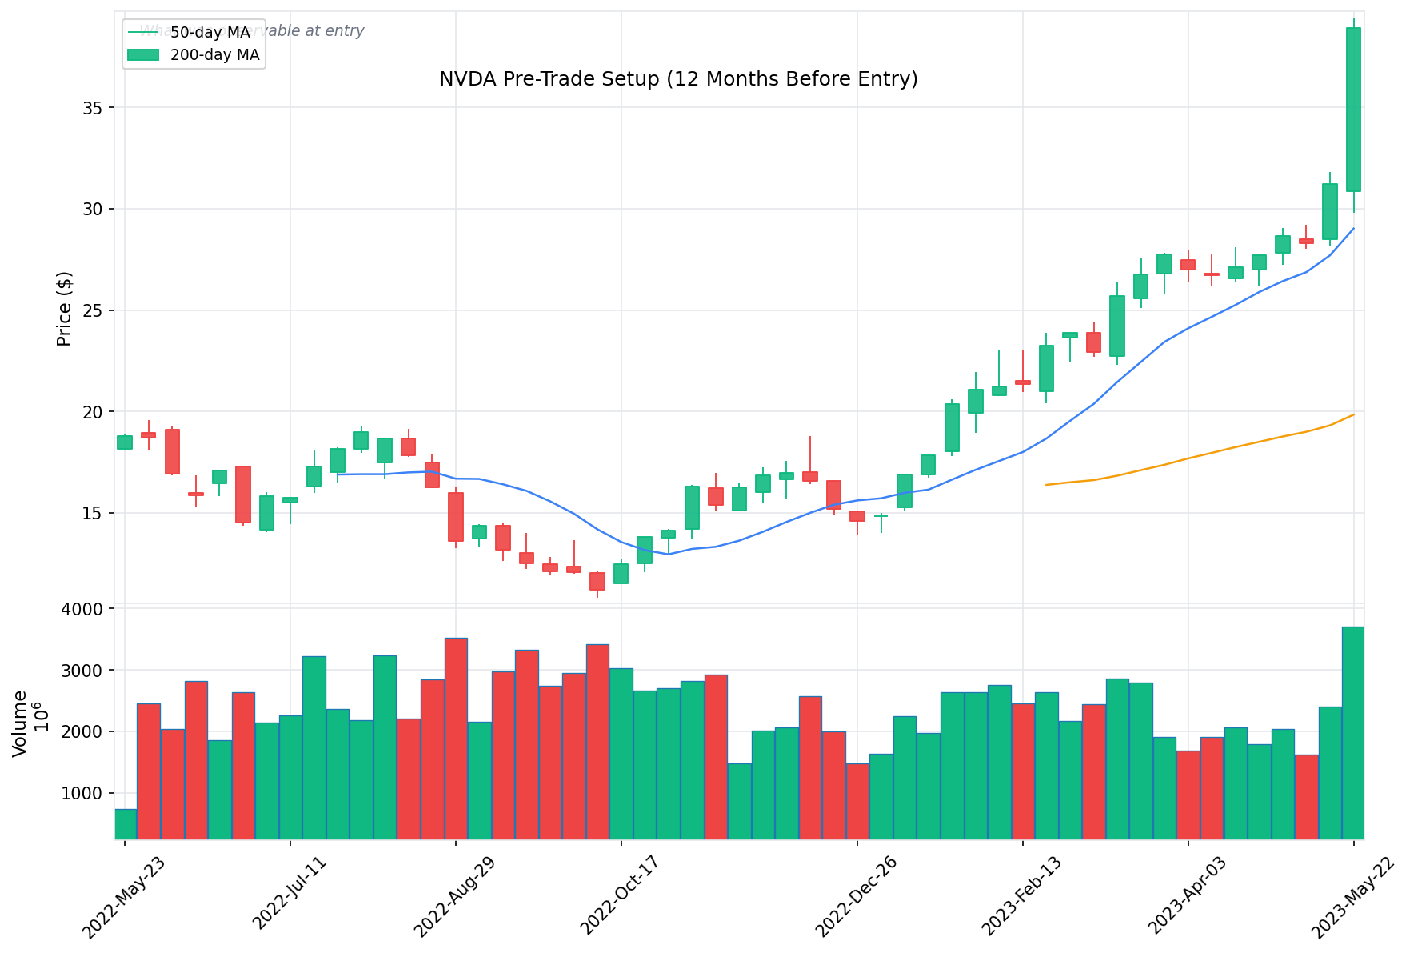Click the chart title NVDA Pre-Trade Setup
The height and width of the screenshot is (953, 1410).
click(x=677, y=79)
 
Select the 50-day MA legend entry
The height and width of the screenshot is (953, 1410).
click(x=210, y=33)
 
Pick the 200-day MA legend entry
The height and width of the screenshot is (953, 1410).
click(x=214, y=55)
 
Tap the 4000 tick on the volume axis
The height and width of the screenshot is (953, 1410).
click(x=86, y=609)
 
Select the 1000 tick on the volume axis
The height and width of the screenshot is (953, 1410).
click(x=86, y=793)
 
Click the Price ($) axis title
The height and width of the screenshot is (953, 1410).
click(x=64, y=309)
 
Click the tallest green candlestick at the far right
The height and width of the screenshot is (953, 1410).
click(x=1353, y=110)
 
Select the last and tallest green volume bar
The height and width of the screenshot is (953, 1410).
click(x=1352, y=732)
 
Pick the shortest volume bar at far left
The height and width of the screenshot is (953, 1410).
click(x=125, y=823)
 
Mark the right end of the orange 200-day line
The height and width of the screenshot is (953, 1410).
click(x=1353, y=414)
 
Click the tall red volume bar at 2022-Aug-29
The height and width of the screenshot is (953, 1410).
click(x=456, y=738)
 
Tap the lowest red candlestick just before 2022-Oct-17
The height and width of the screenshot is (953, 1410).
click(x=597, y=581)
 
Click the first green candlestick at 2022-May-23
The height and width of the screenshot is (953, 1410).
click(x=125, y=442)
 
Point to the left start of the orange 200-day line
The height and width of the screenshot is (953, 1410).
click(x=1047, y=485)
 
